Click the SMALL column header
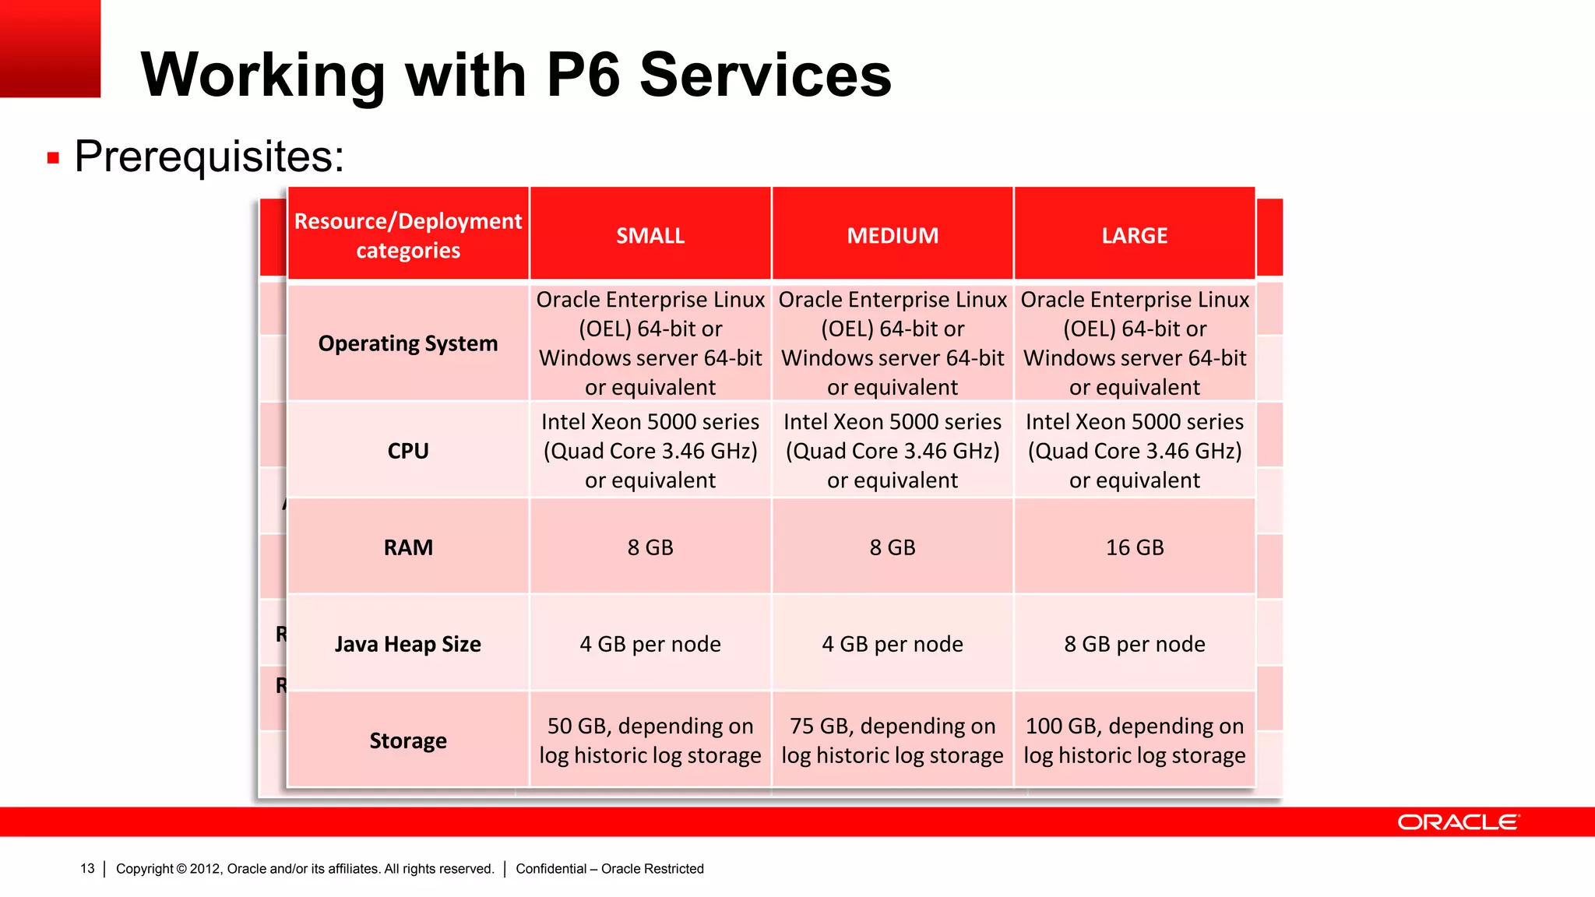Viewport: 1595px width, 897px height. click(x=650, y=235)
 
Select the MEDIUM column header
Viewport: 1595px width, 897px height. click(x=893, y=235)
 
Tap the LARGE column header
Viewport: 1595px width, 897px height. click(x=1134, y=235)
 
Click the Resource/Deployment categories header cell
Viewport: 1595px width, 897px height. click(x=408, y=235)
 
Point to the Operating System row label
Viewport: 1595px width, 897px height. click(x=408, y=343)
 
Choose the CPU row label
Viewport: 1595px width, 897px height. click(x=408, y=451)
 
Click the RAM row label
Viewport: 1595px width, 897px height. click(x=408, y=547)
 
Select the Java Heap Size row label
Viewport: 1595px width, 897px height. click(x=408, y=644)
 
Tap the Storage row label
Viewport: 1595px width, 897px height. click(x=408, y=740)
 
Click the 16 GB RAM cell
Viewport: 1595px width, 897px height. click(x=1135, y=547)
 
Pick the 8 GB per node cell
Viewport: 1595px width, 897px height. click(x=1135, y=644)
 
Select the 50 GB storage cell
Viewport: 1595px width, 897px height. click(x=650, y=740)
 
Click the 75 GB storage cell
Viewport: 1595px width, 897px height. click(x=893, y=740)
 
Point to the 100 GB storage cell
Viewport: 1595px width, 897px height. click(x=1135, y=740)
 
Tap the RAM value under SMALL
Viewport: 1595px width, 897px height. click(x=650, y=547)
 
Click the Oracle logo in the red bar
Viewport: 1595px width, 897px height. click(x=1457, y=822)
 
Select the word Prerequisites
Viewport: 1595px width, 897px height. click(x=209, y=157)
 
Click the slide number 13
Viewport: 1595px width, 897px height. click(x=87, y=868)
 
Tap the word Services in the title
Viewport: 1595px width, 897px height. click(x=766, y=75)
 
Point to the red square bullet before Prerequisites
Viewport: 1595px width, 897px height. click(x=53, y=158)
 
